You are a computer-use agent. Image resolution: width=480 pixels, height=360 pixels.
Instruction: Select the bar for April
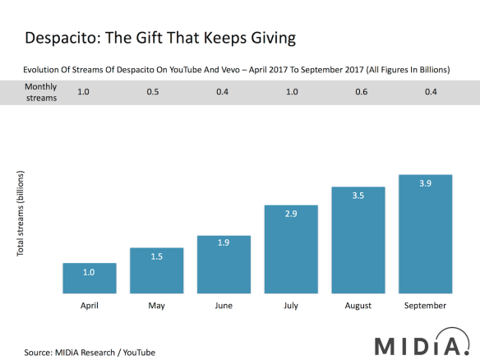point(89,279)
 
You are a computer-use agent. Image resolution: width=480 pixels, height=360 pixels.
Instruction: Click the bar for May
point(156,270)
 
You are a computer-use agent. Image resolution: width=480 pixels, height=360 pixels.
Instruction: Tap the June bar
point(224,265)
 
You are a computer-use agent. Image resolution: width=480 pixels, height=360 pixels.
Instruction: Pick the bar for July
point(291,249)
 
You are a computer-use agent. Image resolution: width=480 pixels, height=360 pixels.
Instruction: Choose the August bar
point(358,240)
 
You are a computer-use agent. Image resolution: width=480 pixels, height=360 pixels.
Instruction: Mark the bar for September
point(425,234)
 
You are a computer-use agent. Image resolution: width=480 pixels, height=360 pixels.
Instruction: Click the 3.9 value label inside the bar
point(425,182)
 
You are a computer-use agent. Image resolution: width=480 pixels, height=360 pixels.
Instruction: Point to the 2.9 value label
point(291,214)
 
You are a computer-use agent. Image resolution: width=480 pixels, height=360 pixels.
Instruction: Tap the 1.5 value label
point(156,256)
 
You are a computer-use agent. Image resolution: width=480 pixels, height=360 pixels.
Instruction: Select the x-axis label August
point(358,306)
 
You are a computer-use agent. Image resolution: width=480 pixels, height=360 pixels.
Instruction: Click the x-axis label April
point(89,306)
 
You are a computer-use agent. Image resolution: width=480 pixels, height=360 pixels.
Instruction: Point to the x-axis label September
point(425,306)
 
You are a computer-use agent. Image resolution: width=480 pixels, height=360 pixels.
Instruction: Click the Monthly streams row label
point(40,91)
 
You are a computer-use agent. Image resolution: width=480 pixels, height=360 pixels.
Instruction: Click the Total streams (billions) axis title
point(21,213)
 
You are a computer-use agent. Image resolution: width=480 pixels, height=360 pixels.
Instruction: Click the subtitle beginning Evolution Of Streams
point(237,70)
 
